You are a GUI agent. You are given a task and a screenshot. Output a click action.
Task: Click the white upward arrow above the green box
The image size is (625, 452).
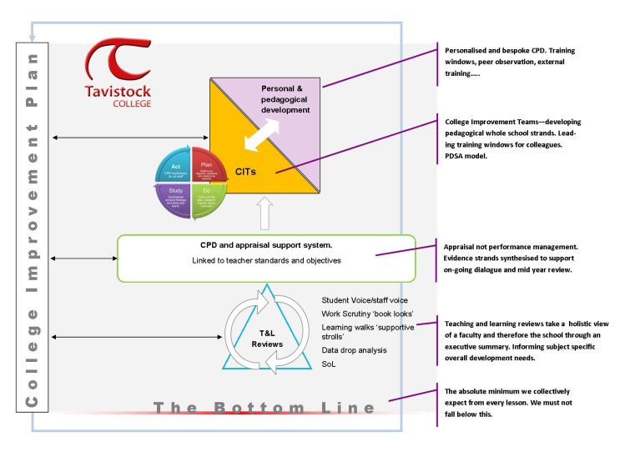tap(265, 213)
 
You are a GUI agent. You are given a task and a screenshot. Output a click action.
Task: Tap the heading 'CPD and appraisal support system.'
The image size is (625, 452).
tap(265, 245)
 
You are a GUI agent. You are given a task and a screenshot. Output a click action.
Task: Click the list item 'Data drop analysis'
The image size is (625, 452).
tap(354, 349)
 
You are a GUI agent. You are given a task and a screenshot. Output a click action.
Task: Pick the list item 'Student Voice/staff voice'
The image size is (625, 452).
tap(365, 300)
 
